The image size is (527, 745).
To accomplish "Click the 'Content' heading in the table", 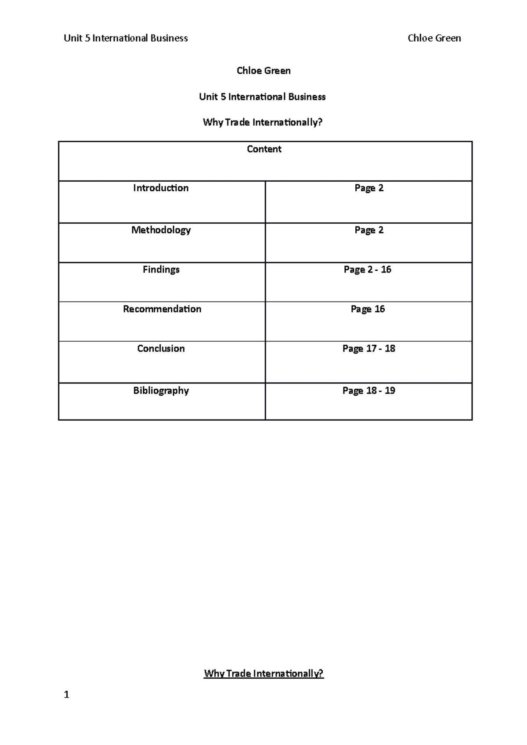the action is pyautogui.click(x=264, y=149).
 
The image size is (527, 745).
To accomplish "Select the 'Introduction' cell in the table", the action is pyautogui.click(x=161, y=188).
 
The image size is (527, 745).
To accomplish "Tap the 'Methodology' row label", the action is pyautogui.click(x=161, y=230).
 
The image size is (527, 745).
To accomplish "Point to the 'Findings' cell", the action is pyautogui.click(x=161, y=270).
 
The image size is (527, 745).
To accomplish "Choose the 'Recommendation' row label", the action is pyautogui.click(x=162, y=309).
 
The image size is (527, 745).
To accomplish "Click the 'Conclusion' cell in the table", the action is pyautogui.click(x=161, y=349).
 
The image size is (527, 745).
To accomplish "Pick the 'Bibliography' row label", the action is pyautogui.click(x=161, y=391).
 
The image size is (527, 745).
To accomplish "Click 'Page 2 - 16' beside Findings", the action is pyautogui.click(x=368, y=270).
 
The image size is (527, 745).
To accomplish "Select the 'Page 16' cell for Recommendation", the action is pyautogui.click(x=368, y=309).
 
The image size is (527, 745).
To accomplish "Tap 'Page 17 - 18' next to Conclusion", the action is pyautogui.click(x=368, y=349).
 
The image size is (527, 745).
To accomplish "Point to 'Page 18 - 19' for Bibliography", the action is pyautogui.click(x=368, y=391).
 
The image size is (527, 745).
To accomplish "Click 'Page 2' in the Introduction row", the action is pyautogui.click(x=369, y=188).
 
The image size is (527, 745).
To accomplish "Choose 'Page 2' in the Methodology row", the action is pyautogui.click(x=369, y=230).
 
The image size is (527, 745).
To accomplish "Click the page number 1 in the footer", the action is pyautogui.click(x=66, y=695).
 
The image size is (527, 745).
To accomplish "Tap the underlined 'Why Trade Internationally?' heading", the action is pyautogui.click(x=263, y=673).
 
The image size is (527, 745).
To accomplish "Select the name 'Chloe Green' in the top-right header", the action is pyautogui.click(x=434, y=39).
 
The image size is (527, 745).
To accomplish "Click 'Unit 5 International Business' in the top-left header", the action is pyautogui.click(x=126, y=39).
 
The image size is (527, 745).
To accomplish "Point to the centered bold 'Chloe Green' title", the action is pyautogui.click(x=263, y=71).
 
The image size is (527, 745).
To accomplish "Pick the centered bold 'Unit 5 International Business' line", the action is pyautogui.click(x=262, y=97).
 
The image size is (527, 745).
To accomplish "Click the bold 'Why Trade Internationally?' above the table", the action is pyautogui.click(x=263, y=123).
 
